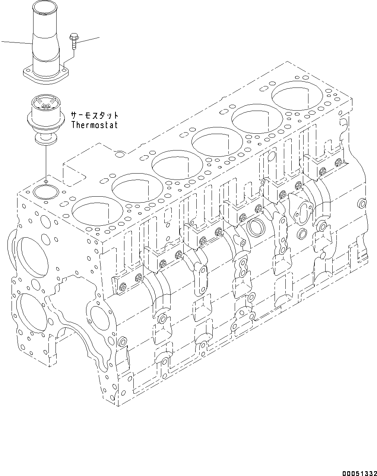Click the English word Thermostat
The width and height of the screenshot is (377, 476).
[x=94, y=125]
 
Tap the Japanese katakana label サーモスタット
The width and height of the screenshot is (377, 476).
[x=95, y=115]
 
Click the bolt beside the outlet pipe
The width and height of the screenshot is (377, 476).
[x=73, y=41]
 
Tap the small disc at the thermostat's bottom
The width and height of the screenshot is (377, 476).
[x=44, y=139]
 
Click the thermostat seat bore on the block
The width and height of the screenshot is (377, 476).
[x=44, y=192]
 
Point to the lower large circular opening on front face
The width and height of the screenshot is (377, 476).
[x=33, y=313]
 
